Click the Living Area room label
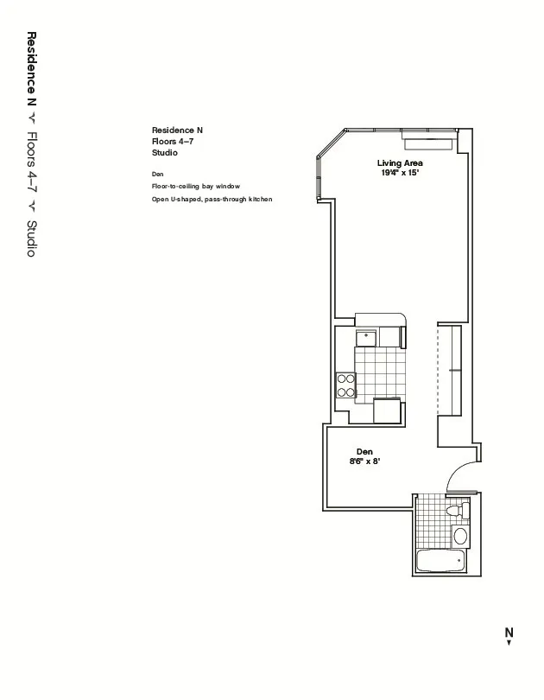pos(399,163)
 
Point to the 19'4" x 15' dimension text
pos(399,173)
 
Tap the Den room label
pos(364,452)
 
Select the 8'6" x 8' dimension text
pos(364,461)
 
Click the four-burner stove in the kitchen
pos(346,385)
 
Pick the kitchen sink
pos(367,335)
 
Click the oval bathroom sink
pos(459,537)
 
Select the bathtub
pos(440,562)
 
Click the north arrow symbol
pos(509,643)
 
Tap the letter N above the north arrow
pos(509,632)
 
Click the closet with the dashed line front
pos(450,368)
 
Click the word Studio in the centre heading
pos(164,153)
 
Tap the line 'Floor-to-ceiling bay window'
pos(195,187)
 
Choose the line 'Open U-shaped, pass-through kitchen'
pos(212,200)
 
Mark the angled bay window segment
pos(331,144)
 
